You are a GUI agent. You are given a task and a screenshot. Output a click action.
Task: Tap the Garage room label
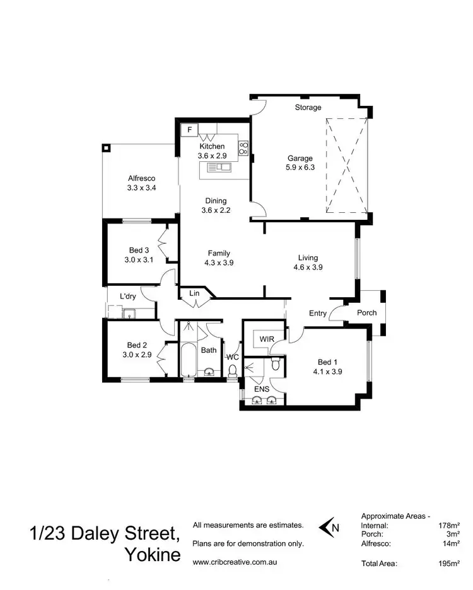click(x=300, y=159)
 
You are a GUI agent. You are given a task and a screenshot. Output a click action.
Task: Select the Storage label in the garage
click(x=308, y=108)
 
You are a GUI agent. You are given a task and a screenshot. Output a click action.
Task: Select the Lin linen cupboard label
click(x=195, y=293)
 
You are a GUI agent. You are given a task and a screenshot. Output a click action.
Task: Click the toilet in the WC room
click(x=233, y=370)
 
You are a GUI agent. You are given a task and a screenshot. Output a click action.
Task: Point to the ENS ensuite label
click(x=261, y=389)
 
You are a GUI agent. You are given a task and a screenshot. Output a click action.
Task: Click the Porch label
click(x=366, y=313)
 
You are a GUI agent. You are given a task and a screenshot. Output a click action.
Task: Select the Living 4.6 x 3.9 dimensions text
click(x=308, y=268)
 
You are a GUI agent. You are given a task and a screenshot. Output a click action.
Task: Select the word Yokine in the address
click(x=153, y=556)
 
